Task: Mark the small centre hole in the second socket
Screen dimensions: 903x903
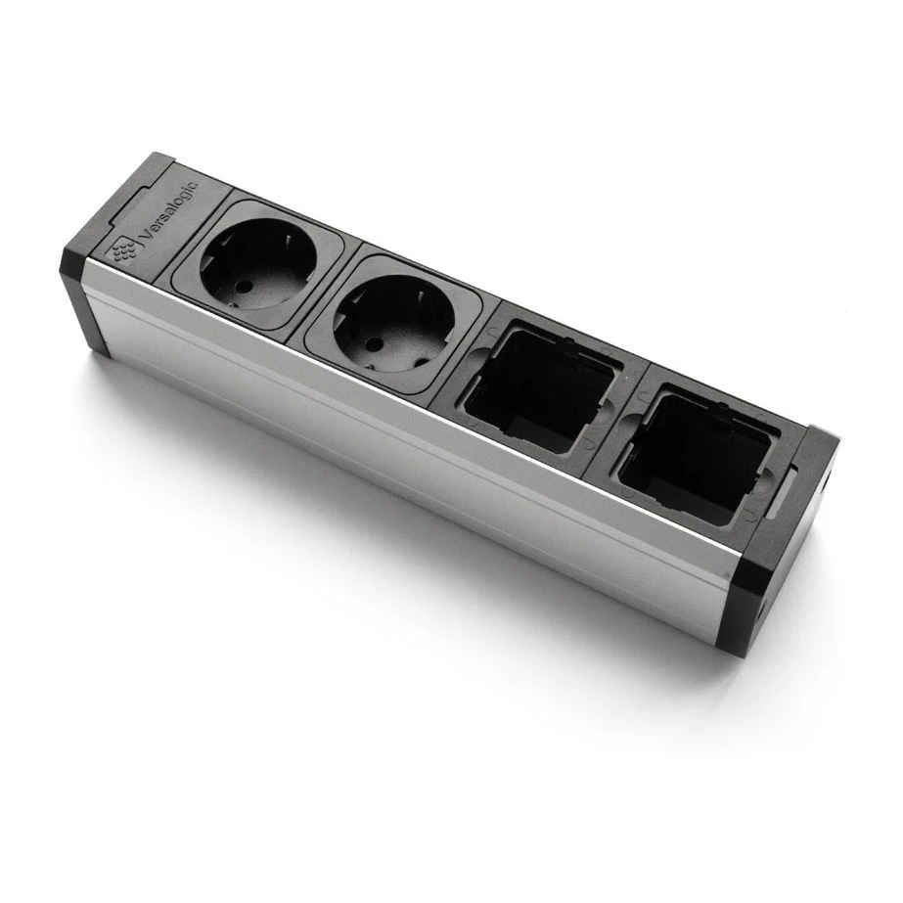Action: click(372, 343)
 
